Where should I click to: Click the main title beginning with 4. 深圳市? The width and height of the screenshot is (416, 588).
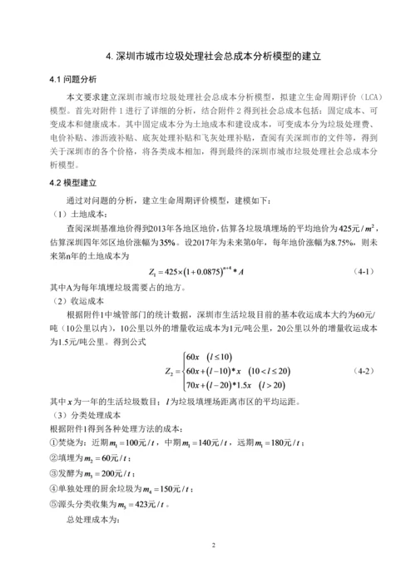(208, 58)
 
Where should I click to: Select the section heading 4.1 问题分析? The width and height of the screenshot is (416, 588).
(73, 80)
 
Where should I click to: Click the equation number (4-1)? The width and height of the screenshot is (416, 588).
(367, 270)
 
